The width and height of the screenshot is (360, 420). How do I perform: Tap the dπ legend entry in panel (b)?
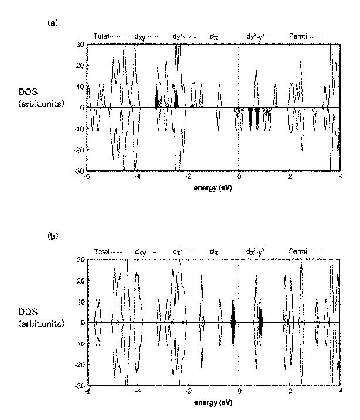(x=214, y=252)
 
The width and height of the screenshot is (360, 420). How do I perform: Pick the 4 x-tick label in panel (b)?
(x=341, y=393)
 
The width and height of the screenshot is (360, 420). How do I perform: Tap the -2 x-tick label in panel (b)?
(x=188, y=393)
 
